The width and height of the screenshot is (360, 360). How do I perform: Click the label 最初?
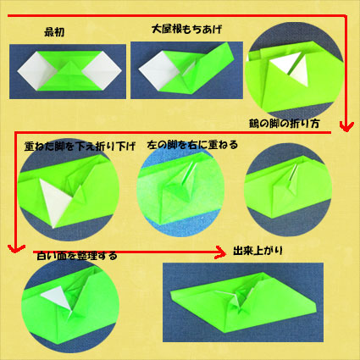coord(54,32)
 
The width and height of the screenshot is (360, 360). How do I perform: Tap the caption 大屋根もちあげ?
coord(186,30)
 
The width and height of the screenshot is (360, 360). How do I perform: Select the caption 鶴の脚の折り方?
coord(285,124)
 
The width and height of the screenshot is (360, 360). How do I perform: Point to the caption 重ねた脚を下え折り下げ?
coord(80,147)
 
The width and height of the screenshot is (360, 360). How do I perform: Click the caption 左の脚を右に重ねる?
coord(192,145)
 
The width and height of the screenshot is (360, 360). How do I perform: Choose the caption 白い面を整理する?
coord(77,256)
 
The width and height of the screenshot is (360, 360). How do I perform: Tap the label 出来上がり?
coord(258,251)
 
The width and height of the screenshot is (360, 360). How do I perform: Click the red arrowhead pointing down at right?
coord(346,126)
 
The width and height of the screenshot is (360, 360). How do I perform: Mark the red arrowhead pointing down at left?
coord(16,248)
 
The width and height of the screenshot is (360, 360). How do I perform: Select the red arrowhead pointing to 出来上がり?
coord(221,252)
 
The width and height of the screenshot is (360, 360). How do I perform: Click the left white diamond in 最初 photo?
coord(36,70)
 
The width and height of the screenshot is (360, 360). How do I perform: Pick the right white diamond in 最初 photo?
coord(102,70)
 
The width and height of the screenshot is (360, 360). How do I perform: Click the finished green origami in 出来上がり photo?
coord(243,302)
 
